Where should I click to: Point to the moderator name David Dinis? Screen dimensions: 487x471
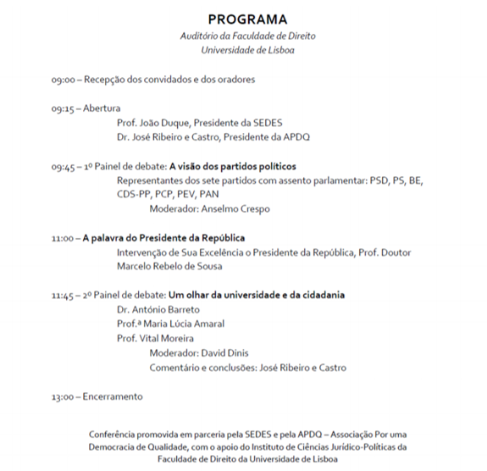(223, 353)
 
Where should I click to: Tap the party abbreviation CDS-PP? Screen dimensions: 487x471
(136, 194)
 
